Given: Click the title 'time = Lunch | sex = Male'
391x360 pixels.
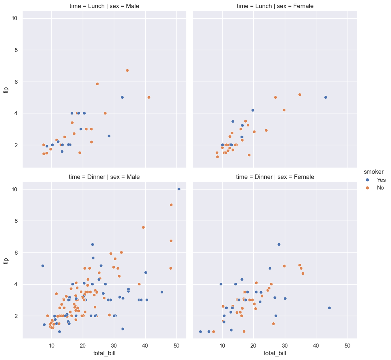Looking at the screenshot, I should coord(104,6).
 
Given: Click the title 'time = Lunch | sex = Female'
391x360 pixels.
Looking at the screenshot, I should coord(275,6).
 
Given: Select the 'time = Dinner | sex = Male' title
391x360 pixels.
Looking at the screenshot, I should coord(104,177).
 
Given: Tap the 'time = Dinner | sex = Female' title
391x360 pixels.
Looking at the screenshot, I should coord(275,177).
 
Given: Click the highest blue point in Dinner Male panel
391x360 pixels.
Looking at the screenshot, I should coord(179,189).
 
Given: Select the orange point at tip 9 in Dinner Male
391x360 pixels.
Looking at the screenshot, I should coord(171,205).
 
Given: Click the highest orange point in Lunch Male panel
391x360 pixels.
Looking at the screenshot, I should coord(127,71).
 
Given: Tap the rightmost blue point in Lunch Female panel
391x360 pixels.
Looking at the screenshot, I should coord(325,97).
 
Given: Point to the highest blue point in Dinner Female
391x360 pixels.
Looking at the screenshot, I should coord(279,244).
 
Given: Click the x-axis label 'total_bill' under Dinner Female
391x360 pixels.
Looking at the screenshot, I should coord(275,353).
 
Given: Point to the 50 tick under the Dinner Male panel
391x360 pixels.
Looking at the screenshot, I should coord(176,345).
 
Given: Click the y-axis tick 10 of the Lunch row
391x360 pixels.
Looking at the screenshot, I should coord(15,18).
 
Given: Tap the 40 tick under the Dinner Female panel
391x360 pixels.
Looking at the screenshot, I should coord(316,345).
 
